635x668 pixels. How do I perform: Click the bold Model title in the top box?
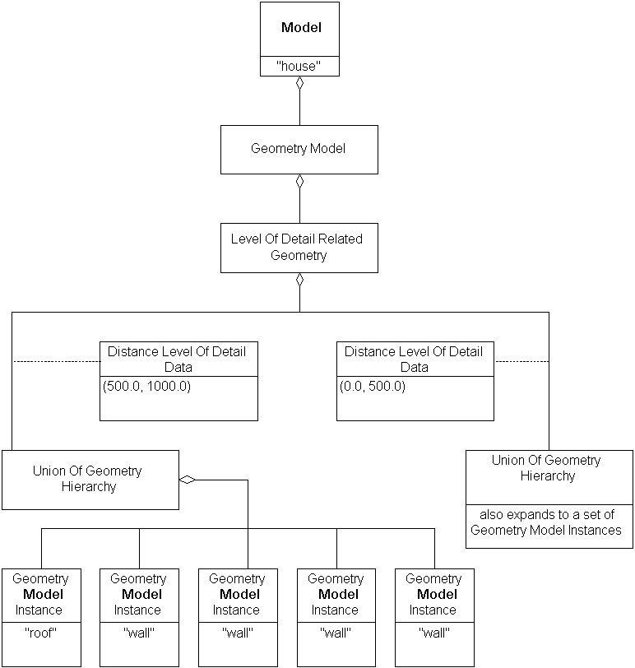(300, 28)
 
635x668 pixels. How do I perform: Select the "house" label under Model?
(299, 67)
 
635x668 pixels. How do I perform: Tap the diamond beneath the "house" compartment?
(299, 83)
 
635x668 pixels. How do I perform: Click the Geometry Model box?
(299, 149)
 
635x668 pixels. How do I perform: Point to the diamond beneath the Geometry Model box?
(299, 181)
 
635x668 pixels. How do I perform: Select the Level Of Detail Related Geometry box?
(299, 247)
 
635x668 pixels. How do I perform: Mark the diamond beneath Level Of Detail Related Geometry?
(299, 280)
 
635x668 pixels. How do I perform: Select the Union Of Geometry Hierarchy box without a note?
(90, 479)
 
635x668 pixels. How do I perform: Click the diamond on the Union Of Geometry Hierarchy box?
(188, 480)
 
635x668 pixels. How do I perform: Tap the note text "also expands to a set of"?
(547, 514)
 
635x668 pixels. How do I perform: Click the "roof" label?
(40, 633)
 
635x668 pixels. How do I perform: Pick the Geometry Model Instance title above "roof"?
(40, 594)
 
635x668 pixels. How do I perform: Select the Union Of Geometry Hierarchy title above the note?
(548, 468)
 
